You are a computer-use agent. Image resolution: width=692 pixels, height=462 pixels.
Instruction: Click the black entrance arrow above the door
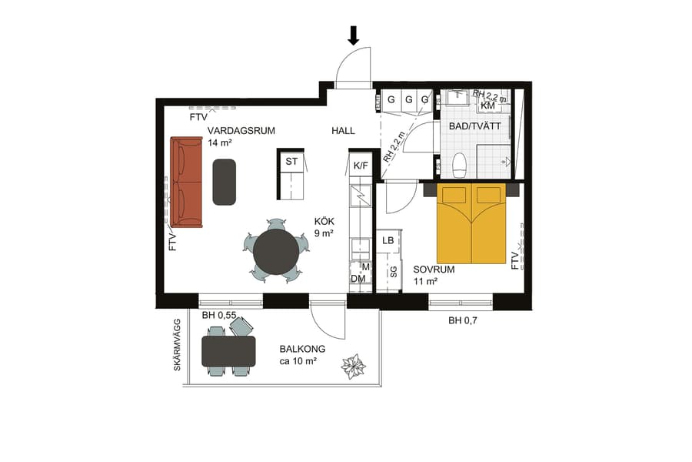[354, 35]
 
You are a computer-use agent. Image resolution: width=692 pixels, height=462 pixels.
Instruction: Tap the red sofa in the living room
[185, 182]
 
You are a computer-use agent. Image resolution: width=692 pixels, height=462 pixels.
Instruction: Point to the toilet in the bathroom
[460, 164]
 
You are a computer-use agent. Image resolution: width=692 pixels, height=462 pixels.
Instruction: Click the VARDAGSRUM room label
[241, 130]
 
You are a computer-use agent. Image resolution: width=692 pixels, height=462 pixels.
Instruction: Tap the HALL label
[343, 131]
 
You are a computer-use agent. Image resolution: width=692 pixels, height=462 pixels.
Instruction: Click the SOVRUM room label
[434, 269]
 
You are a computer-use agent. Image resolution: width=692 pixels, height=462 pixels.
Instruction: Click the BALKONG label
[302, 349]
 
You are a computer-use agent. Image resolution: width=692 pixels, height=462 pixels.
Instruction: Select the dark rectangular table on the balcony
[228, 350]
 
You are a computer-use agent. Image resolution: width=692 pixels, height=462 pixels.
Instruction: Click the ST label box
[291, 162]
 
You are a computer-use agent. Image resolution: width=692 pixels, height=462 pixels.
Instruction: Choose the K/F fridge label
[360, 165]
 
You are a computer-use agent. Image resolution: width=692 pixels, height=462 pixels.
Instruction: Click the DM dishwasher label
[358, 278]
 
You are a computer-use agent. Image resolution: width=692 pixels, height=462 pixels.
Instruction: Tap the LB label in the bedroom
[388, 241]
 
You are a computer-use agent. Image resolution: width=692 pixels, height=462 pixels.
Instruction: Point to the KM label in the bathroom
[487, 105]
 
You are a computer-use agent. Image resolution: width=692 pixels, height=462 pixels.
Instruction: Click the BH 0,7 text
[464, 320]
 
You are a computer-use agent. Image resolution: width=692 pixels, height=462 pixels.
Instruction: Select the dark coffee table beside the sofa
[225, 182]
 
